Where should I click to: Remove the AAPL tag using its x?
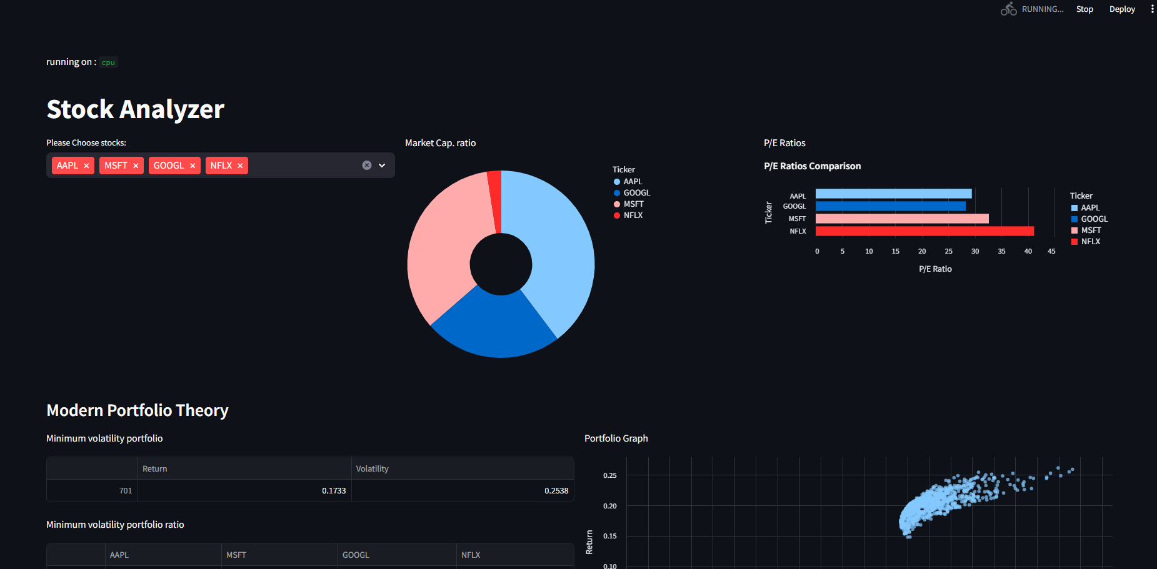(86, 166)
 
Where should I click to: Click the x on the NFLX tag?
(240, 166)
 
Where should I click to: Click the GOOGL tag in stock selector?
(169, 166)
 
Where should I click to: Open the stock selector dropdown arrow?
(382, 166)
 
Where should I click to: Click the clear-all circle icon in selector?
(367, 166)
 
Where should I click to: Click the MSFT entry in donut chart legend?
(633, 204)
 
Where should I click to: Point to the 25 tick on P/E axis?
(948, 251)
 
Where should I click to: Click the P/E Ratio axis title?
(935, 269)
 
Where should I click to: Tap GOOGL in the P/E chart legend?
(1094, 219)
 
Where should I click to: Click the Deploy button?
(1122, 9)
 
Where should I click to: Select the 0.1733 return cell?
(333, 491)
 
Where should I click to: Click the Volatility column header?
(373, 469)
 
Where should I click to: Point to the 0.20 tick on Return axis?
(609, 506)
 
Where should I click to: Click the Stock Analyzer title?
(136, 109)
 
